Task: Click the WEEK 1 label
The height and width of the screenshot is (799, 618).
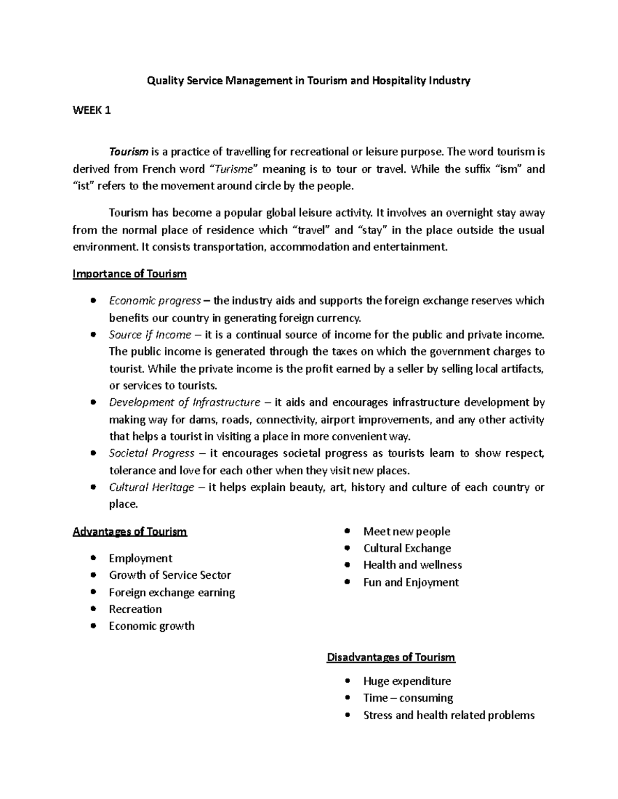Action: click(x=92, y=111)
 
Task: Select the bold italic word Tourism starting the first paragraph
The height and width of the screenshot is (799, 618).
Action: click(x=129, y=152)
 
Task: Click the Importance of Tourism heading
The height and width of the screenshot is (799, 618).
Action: click(x=129, y=274)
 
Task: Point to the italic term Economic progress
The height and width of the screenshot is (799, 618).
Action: click(x=154, y=300)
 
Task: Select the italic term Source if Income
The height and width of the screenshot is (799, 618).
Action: click(x=150, y=335)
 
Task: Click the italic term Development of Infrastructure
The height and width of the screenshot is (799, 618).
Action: click(x=184, y=402)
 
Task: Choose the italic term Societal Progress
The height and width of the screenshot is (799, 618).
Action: click(x=151, y=453)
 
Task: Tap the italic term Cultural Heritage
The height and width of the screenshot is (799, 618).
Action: click(x=151, y=487)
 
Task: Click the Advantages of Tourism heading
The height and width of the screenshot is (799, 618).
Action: click(x=130, y=531)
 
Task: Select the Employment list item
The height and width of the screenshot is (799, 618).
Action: click(x=140, y=558)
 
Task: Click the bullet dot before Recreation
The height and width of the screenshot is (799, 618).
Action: click(x=93, y=609)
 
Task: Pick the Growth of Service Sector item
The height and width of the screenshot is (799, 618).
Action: click(x=170, y=575)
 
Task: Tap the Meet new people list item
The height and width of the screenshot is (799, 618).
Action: click(x=406, y=531)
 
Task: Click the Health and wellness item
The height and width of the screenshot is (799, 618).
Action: click(x=413, y=565)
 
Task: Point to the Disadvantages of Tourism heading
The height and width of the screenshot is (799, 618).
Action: click(x=391, y=658)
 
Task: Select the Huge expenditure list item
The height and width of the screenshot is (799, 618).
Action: click(x=407, y=681)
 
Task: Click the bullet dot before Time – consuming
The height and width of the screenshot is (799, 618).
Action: click(x=348, y=698)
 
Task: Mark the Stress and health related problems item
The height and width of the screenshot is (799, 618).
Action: click(x=449, y=715)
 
